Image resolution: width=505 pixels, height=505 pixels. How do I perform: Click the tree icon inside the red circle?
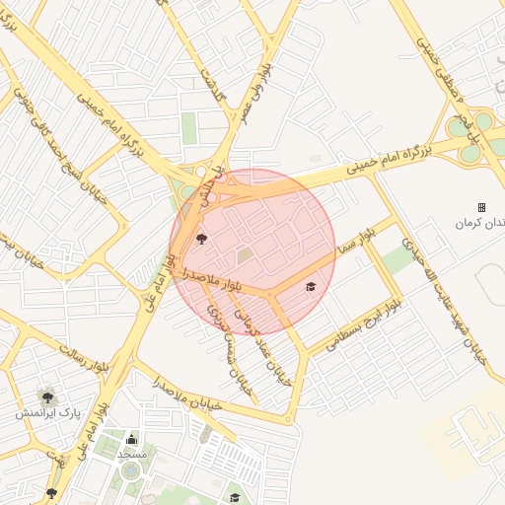[x=202, y=238]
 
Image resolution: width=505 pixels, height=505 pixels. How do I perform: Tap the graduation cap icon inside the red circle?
[x=311, y=287]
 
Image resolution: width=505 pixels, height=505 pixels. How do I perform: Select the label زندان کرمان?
[x=478, y=223]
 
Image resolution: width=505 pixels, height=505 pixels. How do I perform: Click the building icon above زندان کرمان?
[x=481, y=207]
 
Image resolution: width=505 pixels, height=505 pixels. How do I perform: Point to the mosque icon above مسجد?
[x=132, y=440]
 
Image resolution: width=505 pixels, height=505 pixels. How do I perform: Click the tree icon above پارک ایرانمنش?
[x=45, y=396]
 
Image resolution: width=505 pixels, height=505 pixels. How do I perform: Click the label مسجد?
[x=132, y=455]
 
